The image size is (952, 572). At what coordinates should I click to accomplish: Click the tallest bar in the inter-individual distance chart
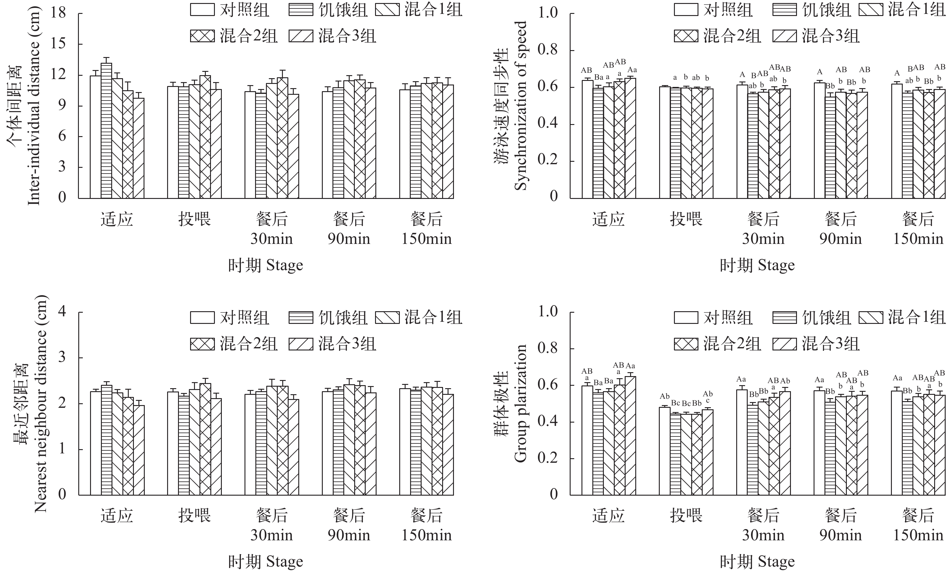[106, 131]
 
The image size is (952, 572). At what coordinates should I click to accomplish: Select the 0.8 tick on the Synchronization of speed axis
[548, 50]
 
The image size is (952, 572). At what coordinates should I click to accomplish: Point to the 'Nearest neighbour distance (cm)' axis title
[40, 404]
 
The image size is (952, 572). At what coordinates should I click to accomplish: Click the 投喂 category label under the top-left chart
[194, 220]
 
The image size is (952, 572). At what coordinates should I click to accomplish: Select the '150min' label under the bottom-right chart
[918, 535]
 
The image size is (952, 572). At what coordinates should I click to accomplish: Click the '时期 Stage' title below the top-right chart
[757, 266]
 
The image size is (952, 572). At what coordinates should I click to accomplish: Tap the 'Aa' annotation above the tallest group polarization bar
[630, 366]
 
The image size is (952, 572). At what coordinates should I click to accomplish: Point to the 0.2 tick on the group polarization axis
[548, 458]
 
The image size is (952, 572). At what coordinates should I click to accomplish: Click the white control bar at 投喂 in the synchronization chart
[665, 142]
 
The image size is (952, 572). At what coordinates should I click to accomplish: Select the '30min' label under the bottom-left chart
[271, 535]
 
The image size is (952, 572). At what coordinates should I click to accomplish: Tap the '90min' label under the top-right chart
[840, 239]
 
